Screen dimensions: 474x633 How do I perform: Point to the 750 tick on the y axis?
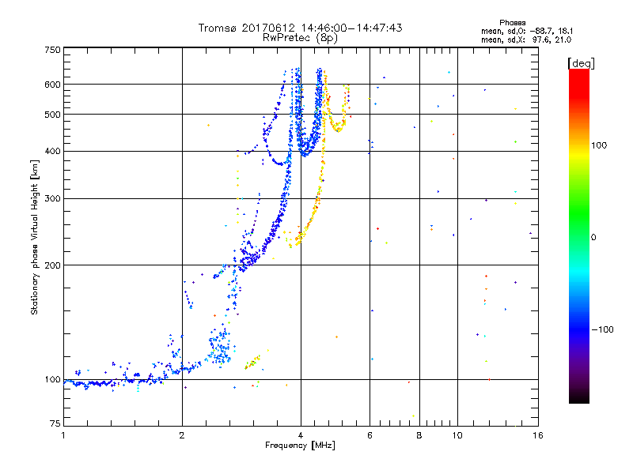click(53, 49)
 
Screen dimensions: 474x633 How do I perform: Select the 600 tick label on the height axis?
click(53, 85)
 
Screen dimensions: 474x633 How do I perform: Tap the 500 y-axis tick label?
click(53, 115)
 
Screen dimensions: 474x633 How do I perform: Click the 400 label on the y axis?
click(53, 152)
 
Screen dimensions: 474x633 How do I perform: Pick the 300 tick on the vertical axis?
click(53, 199)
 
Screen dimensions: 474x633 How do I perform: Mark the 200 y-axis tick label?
click(53, 265)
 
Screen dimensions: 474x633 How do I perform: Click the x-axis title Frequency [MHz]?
click(299, 446)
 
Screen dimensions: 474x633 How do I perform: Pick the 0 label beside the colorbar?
click(595, 237)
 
